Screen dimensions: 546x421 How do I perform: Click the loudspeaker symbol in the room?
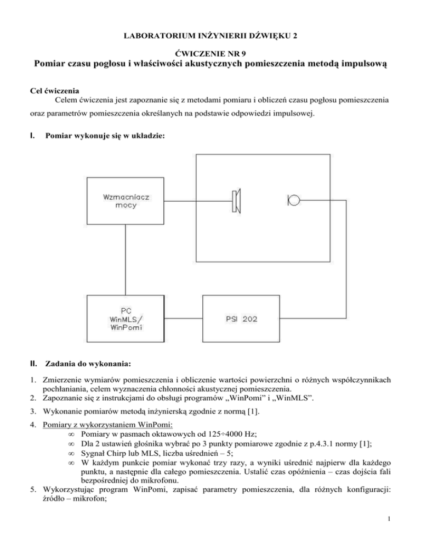[x=237, y=200]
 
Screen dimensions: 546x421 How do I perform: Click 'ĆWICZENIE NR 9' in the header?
[x=210, y=53]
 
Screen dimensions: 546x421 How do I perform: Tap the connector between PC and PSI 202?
[x=184, y=318]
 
